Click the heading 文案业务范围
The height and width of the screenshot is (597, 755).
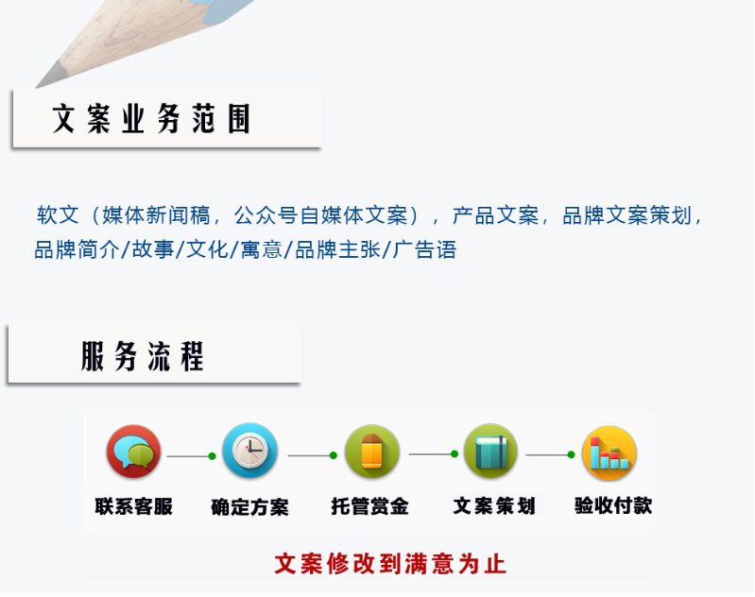click(x=151, y=118)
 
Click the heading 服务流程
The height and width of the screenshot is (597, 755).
click(x=143, y=356)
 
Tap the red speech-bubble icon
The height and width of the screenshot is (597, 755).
click(x=133, y=452)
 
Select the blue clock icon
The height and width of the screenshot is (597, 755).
click(x=249, y=451)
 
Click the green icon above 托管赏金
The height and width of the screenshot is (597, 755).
click(x=371, y=452)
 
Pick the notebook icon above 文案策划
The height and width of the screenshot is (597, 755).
click(x=490, y=452)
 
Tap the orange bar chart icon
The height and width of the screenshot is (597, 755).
click(x=609, y=452)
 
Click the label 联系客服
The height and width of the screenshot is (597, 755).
click(x=133, y=506)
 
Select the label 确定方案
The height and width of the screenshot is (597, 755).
click(x=249, y=507)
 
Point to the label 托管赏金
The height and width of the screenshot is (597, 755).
click(x=369, y=506)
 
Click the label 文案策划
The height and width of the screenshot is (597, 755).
click(x=494, y=505)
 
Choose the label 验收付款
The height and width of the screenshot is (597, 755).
click(x=613, y=505)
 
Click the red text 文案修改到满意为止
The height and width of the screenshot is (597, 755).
click(x=390, y=564)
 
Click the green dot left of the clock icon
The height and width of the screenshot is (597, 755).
click(x=212, y=456)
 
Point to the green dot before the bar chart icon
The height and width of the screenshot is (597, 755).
click(x=571, y=454)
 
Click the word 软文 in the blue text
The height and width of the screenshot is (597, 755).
click(x=58, y=214)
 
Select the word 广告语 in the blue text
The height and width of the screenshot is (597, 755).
click(x=424, y=250)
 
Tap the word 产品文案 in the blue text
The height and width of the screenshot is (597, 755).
click(x=495, y=214)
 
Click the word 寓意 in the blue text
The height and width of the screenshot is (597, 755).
click(x=261, y=250)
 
